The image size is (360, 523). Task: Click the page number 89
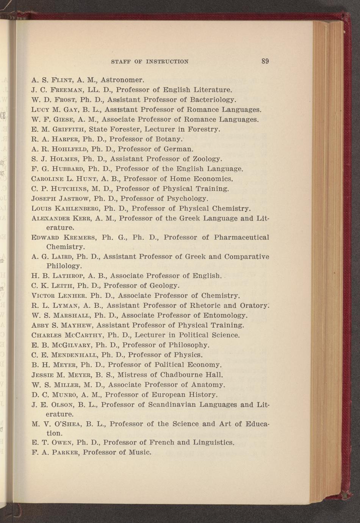pos(265,61)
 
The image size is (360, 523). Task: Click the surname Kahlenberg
pos(81,208)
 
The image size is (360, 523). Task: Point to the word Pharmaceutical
pos(241,238)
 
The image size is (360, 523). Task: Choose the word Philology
pos(64,266)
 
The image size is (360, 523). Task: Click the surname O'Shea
pos(63,424)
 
